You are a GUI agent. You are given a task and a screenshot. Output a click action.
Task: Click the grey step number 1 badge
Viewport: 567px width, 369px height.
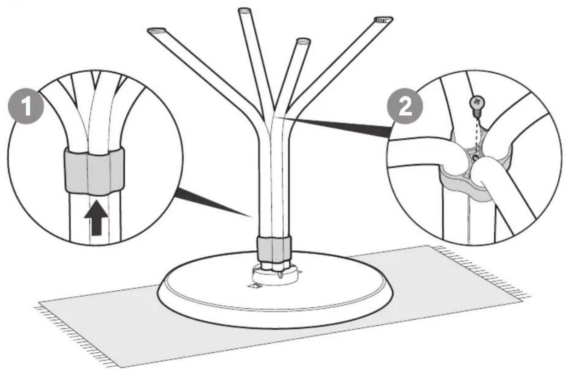(x=26, y=106)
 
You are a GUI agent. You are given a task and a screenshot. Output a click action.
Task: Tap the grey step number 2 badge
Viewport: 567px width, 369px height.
(x=405, y=106)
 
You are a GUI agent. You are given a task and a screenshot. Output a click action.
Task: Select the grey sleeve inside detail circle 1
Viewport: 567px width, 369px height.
(x=94, y=171)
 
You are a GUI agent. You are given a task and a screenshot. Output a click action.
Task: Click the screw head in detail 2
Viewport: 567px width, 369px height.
(x=477, y=102)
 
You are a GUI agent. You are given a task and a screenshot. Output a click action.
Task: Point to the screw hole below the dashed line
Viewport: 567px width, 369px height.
(x=475, y=158)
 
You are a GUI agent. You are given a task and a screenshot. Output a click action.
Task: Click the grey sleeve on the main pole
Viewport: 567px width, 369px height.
(x=274, y=250)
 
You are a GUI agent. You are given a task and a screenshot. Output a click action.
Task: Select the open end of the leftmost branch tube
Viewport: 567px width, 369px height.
(x=157, y=30)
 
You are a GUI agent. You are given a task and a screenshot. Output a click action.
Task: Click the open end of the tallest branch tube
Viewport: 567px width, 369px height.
(x=245, y=11)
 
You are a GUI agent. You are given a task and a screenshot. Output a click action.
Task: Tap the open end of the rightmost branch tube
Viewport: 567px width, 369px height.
(x=384, y=20)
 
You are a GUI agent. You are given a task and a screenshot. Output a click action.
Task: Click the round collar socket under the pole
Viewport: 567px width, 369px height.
(x=275, y=275)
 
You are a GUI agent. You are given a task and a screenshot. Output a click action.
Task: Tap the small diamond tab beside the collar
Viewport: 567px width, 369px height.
(x=255, y=286)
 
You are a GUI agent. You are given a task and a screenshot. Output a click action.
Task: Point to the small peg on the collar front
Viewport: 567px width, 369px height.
(x=281, y=275)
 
